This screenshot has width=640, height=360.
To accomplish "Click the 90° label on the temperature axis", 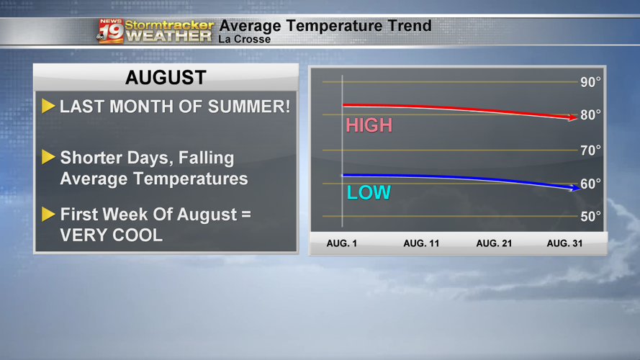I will (x=590, y=82).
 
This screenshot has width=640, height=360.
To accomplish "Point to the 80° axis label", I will (x=590, y=115).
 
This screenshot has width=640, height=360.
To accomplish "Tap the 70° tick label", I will (x=590, y=150).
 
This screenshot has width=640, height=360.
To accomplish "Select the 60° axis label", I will (x=590, y=184).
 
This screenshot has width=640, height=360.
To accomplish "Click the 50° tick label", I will (x=590, y=216).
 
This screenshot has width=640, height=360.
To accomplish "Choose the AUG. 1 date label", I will (x=342, y=243).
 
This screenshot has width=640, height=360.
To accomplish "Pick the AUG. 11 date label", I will (x=421, y=243).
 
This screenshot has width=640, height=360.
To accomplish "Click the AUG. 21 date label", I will (x=494, y=243).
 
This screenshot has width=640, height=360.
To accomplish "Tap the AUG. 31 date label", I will (x=564, y=243).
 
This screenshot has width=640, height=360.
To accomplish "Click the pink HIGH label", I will (x=369, y=125).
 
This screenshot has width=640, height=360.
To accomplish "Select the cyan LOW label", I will (x=369, y=193).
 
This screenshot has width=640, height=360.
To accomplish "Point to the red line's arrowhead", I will (x=573, y=117).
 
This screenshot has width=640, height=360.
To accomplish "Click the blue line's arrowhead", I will (x=574, y=187).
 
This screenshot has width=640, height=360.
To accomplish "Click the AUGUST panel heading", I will (x=166, y=78).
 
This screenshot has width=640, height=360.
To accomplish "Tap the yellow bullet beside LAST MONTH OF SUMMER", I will (x=48, y=107).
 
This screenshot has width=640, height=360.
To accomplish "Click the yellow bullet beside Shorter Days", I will (x=48, y=157).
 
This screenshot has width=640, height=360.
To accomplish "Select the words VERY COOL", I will (x=111, y=235).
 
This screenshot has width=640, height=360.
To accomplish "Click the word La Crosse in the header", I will (x=244, y=39).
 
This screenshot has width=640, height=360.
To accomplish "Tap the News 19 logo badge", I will (x=110, y=31).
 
